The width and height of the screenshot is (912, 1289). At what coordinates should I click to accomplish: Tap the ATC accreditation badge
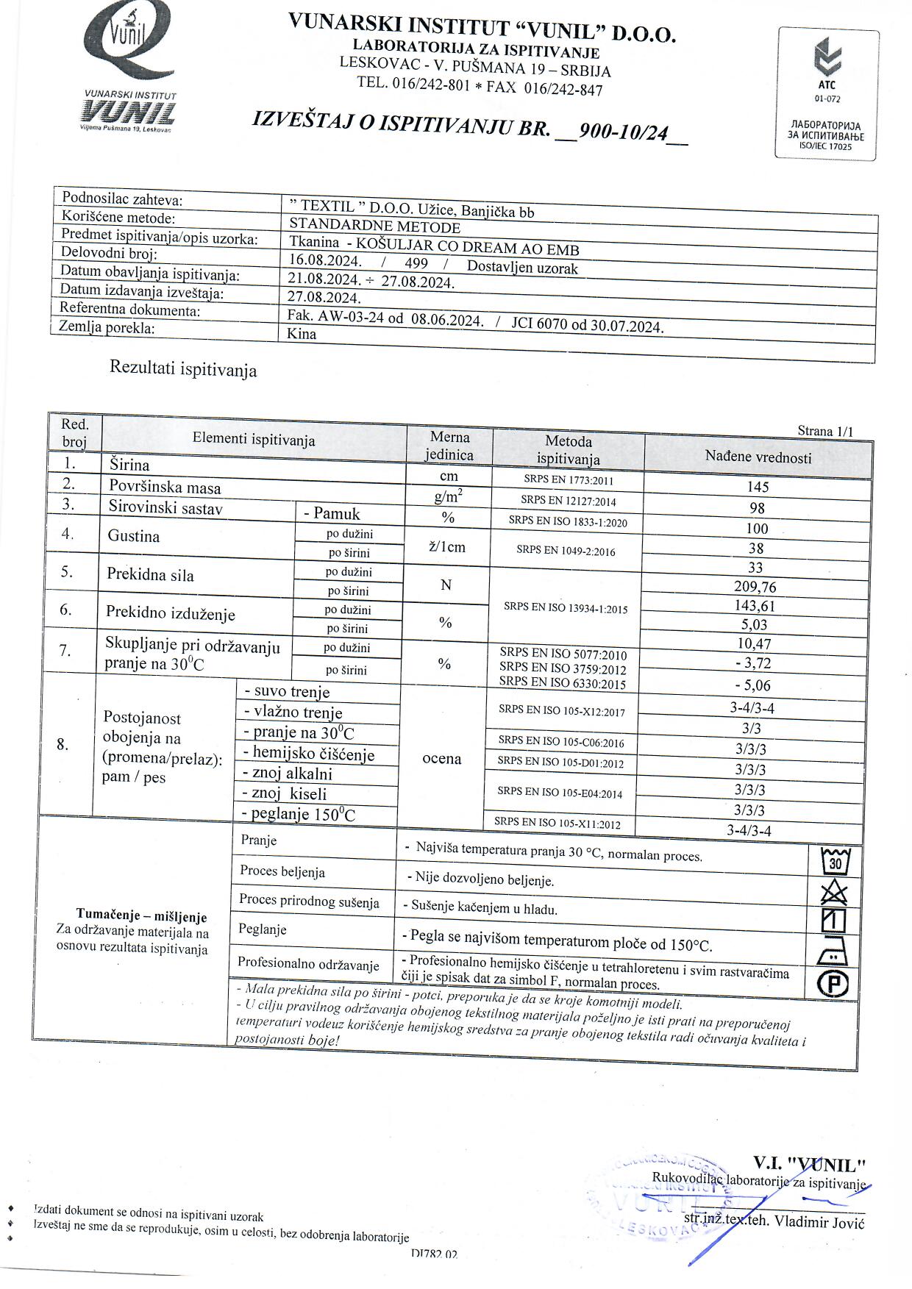pyautogui.click(x=827, y=94)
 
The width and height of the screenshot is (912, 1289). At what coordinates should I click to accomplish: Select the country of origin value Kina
pyautogui.click(x=302, y=334)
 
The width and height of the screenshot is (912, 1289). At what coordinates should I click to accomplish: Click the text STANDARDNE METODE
pyautogui.click(x=374, y=226)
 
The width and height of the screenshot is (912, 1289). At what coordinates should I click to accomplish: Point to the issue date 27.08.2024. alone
pyautogui.click(x=324, y=298)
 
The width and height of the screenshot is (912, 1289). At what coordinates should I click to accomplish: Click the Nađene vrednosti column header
pyautogui.click(x=758, y=457)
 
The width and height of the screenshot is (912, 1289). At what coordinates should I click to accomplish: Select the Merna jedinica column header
pyautogui.click(x=449, y=446)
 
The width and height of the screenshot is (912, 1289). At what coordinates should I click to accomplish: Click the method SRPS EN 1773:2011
pyautogui.click(x=569, y=482)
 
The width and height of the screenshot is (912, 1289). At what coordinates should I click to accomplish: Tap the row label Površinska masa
pyautogui.click(x=165, y=488)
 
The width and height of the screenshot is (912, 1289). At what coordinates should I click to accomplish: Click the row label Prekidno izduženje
pyautogui.click(x=171, y=613)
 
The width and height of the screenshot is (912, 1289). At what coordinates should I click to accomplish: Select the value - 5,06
pyautogui.click(x=752, y=686)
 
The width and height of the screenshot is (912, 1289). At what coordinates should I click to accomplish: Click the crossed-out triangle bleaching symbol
pyautogui.click(x=834, y=893)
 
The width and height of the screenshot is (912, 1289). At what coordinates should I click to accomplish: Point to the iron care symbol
pyautogui.click(x=833, y=954)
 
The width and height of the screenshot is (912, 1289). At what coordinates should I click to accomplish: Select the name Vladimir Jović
pyautogui.click(x=820, y=1223)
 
